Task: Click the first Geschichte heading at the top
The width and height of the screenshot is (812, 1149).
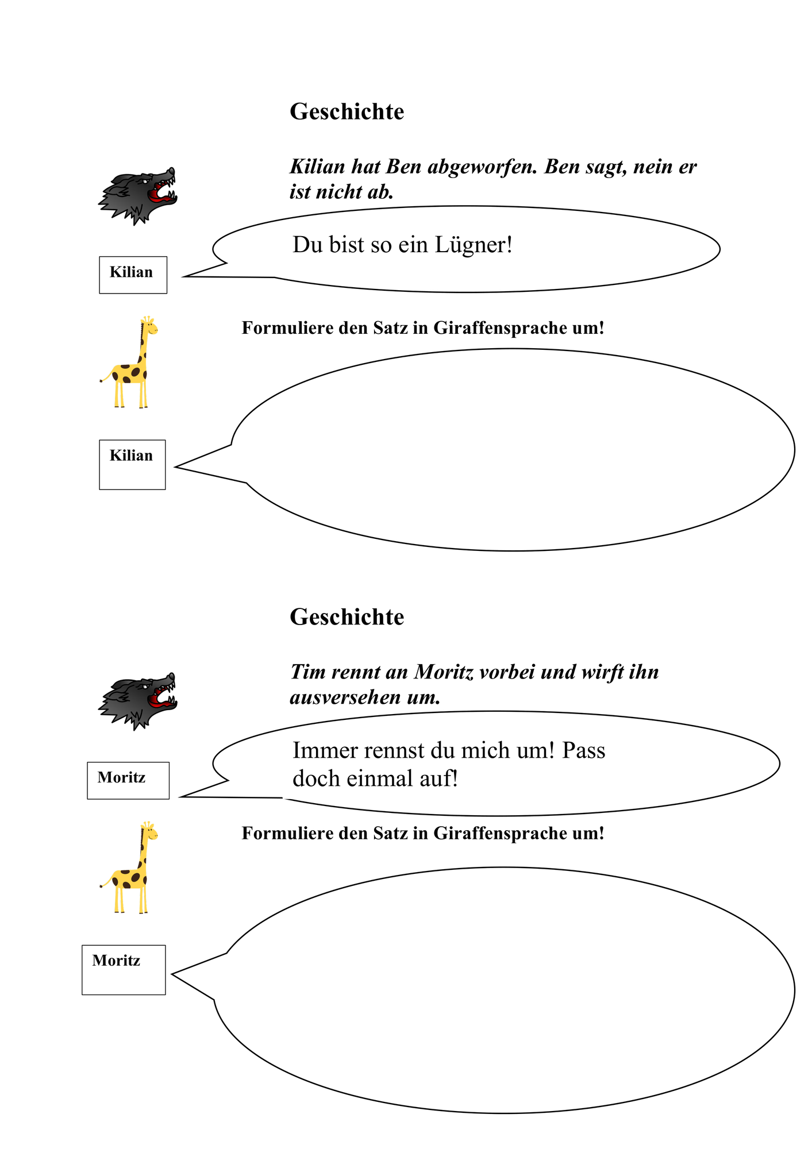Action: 347,111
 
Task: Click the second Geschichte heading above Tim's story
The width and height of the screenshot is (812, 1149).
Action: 347,617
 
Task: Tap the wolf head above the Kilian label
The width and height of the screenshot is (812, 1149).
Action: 137,196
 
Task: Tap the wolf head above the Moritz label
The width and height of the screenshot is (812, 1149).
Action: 137,701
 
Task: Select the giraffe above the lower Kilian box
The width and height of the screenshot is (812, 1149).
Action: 129,362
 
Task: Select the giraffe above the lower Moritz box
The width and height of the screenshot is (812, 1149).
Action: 129,867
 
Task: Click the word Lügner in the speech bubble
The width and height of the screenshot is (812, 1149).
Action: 473,245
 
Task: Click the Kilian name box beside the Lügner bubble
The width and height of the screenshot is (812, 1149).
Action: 133,275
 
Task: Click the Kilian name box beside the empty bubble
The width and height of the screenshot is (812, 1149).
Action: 132,465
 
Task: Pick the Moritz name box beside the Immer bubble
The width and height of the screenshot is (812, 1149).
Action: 128,780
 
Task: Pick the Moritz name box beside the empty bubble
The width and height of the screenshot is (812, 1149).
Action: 124,970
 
